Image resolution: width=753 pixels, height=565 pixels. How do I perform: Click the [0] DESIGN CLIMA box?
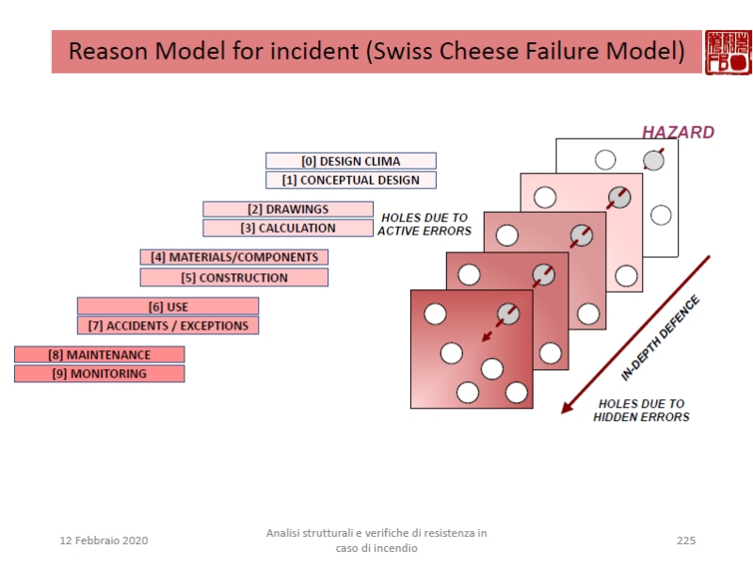[350, 161]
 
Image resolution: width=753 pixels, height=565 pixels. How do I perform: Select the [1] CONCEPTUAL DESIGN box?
[350, 180]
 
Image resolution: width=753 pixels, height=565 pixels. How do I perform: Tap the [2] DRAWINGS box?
[288, 209]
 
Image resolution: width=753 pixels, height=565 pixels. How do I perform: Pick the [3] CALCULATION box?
[288, 228]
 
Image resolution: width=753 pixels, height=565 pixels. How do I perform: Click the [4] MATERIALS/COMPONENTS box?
[234, 257]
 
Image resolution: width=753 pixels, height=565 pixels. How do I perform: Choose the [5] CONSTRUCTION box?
[234, 278]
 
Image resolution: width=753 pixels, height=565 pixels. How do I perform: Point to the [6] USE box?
[168, 306]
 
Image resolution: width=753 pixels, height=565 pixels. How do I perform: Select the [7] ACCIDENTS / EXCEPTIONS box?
[168, 326]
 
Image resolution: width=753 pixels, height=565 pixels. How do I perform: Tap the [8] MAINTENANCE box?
[100, 355]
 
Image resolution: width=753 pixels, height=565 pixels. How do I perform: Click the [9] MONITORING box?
[100, 374]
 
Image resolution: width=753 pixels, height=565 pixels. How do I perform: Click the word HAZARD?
[678, 133]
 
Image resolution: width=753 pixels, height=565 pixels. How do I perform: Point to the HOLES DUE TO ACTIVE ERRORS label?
[425, 224]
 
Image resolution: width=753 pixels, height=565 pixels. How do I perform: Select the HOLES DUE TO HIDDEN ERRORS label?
[641, 411]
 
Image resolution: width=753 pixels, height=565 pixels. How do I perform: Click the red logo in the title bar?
[729, 51]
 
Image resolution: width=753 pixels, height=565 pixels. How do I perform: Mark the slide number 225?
[685, 541]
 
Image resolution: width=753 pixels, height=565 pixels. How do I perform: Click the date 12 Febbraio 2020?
[104, 541]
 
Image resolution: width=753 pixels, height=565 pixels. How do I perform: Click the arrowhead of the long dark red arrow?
[567, 408]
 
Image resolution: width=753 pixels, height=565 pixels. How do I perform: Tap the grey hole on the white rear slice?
[653, 160]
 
